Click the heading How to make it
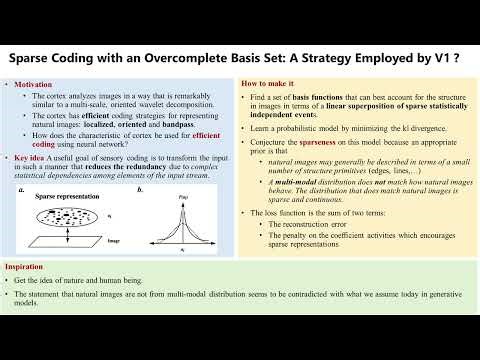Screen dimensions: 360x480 click(267, 81)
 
